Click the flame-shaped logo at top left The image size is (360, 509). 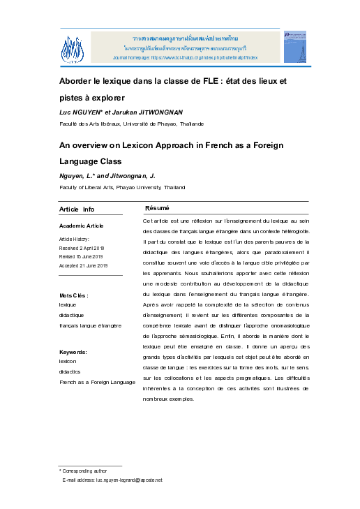[x=73, y=47]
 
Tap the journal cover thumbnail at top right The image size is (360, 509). [x=290, y=47]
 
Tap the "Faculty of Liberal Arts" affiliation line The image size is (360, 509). [x=122, y=188]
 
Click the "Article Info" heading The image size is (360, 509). [x=77, y=209]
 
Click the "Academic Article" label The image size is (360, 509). [x=82, y=226]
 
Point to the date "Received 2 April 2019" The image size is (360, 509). [x=82, y=248]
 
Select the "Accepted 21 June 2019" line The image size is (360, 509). [x=83, y=266]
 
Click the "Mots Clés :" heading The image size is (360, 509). [x=74, y=296]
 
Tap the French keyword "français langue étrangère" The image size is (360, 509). [x=91, y=325]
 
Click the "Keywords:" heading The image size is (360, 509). [x=73, y=352]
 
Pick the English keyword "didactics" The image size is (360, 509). [x=70, y=372]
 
